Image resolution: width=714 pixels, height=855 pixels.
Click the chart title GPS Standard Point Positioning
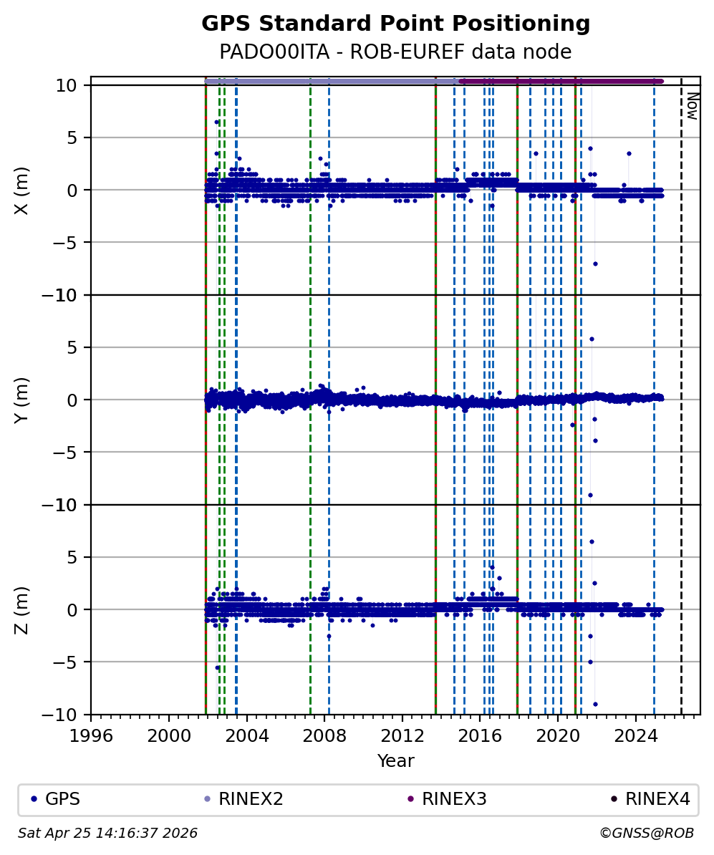pyautogui.click(x=395, y=24)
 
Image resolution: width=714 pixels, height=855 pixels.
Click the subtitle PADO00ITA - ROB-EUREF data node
pyautogui.click(x=395, y=52)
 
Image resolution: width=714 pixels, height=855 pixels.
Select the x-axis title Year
pyautogui.click(x=395, y=760)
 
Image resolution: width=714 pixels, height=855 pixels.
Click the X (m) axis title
pyautogui.click(x=22, y=190)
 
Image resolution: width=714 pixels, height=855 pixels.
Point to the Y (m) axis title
pyautogui.click(x=22, y=400)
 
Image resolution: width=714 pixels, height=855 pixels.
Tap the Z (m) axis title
pyautogui.click(x=22, y=609)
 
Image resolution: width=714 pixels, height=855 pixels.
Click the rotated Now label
pyautogui.click(x=692, y=106)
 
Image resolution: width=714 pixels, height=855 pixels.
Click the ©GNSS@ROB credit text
pyautogui.click(x=646, y=834)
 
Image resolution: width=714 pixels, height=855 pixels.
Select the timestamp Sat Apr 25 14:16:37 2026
pyautogui.click(x=107, y=834)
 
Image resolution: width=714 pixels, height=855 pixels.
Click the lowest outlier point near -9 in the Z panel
pyautogui.click(x=595, y=704)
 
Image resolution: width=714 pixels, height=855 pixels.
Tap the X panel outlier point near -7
pyautogui.click(x=595, y=264)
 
